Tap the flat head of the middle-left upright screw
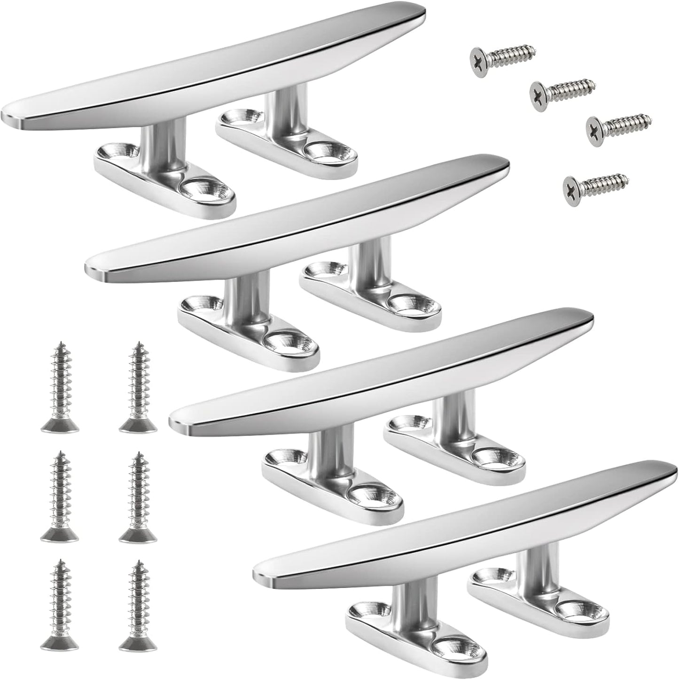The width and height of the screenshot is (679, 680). pyautogui.click(x=60, y=534)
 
